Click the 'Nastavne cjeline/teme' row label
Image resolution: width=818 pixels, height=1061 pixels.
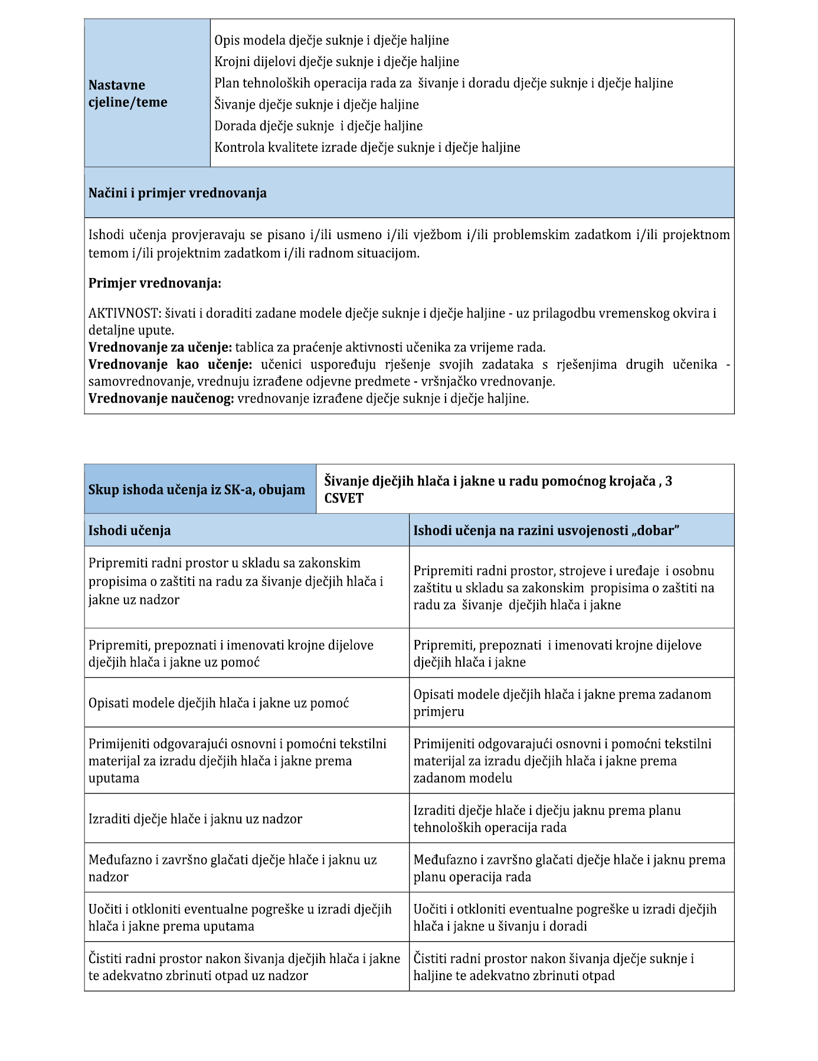(127, 93)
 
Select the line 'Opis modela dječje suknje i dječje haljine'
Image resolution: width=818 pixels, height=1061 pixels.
(331, 40)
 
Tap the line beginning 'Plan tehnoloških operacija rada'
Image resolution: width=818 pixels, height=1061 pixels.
(443, 83)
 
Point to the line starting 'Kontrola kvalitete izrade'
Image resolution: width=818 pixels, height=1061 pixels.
(367, 148)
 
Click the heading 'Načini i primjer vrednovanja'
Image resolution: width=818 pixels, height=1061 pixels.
(177, 193)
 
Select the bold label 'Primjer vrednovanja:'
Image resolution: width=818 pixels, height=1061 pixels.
(155, 283)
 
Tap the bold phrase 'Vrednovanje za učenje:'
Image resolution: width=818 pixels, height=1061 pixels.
(160, 347)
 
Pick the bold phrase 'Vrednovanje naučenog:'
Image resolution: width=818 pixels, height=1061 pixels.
(161, 399)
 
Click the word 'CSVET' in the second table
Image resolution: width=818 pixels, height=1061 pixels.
(343, 498)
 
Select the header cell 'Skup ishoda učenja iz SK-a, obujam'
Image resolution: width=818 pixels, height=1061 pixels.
(197, 489)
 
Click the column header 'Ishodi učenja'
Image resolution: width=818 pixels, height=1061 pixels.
(129, 530)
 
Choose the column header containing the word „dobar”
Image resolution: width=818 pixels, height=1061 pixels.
(546, 530)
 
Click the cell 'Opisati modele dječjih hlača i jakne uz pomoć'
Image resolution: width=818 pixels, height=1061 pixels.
(218, 703)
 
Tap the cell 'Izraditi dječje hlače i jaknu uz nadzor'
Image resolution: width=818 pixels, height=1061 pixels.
(195, 819)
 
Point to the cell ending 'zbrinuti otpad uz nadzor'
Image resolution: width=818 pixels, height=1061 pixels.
(244, 967)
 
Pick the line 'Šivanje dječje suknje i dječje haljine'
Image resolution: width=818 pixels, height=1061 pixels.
(316, 105)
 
